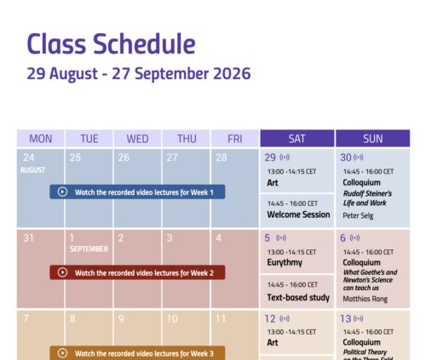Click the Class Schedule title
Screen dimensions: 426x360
(111, 43)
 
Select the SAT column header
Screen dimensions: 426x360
(297, 139)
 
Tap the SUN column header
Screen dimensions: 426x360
(373, 139)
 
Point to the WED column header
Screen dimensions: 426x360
(137, 139)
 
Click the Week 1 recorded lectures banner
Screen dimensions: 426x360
(137, 192)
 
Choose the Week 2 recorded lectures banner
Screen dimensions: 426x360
(137, 272)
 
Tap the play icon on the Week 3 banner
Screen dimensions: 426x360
(62, 353)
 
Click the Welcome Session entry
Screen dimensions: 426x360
(298, 214)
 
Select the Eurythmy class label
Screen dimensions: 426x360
(285, 263)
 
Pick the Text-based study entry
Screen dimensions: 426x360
(298, 297)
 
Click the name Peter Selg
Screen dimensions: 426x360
(358, 215)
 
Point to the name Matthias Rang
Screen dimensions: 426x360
(365, 299)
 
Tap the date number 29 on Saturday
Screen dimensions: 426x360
(270, 157)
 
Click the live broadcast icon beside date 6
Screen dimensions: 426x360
(354, 237)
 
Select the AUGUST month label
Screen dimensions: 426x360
(32, 170)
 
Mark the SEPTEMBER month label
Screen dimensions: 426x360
(89, 249)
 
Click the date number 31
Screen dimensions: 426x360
(28, 238)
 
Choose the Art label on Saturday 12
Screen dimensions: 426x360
(273, 343)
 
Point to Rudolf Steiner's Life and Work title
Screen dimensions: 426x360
(367, 198)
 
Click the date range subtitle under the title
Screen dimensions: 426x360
(139, 73)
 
